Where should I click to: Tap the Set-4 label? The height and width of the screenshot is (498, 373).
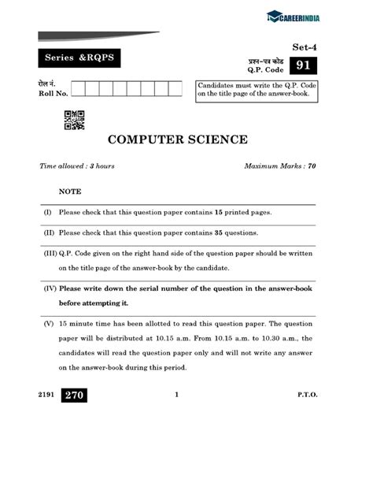304,46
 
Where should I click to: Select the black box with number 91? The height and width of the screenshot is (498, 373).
304,65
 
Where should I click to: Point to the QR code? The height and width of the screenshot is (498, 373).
74,120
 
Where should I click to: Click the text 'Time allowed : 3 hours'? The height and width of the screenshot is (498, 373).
77,166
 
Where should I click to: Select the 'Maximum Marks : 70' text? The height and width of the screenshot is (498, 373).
280,166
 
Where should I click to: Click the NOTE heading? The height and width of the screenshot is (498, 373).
69,191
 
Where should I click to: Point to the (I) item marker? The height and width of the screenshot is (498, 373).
48,213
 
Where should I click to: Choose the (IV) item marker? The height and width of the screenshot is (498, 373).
50,288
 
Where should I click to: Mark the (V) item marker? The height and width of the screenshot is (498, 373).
49,324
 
